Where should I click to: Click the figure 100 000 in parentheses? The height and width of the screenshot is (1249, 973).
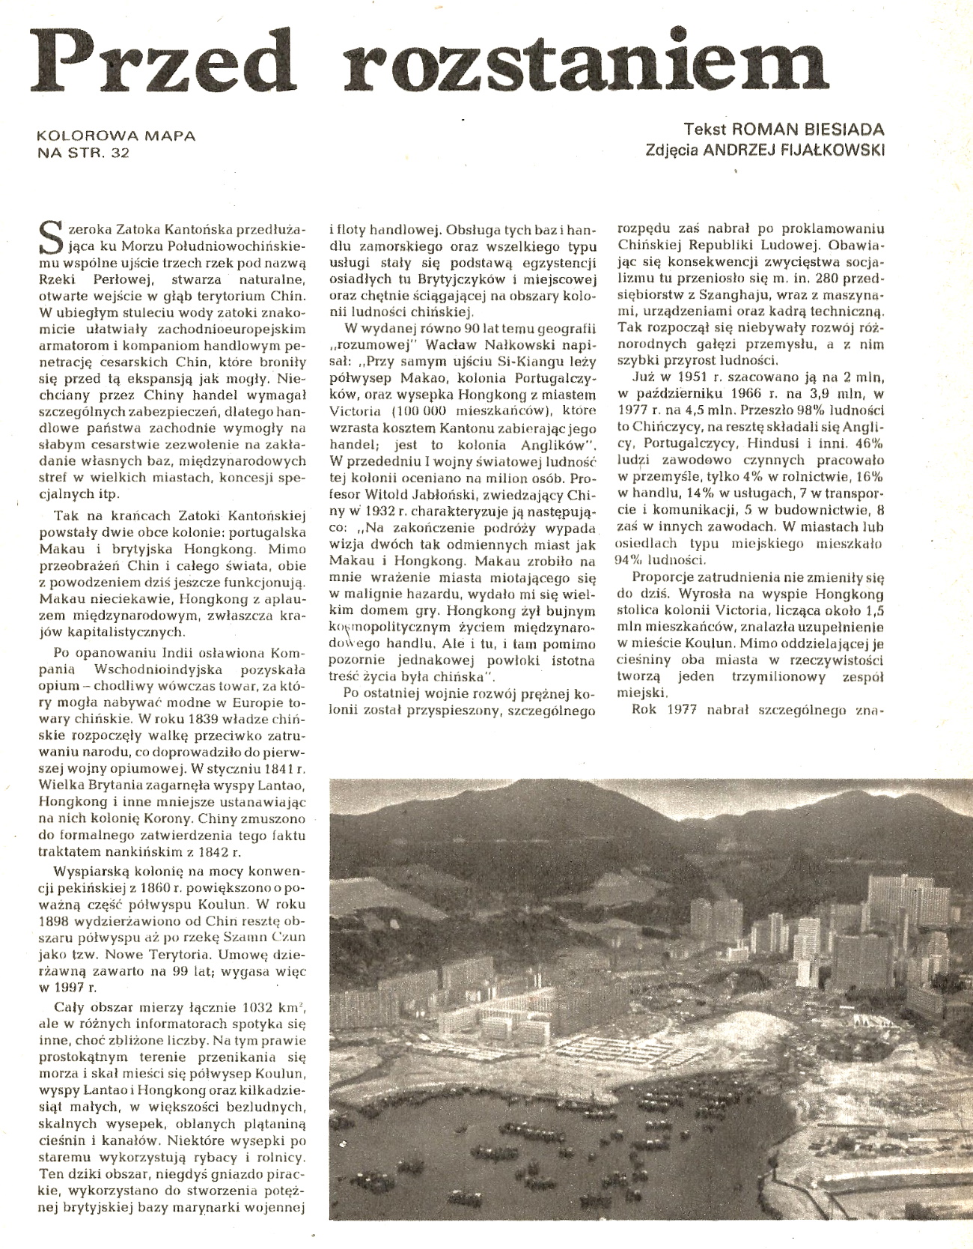(x=425, y=411)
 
